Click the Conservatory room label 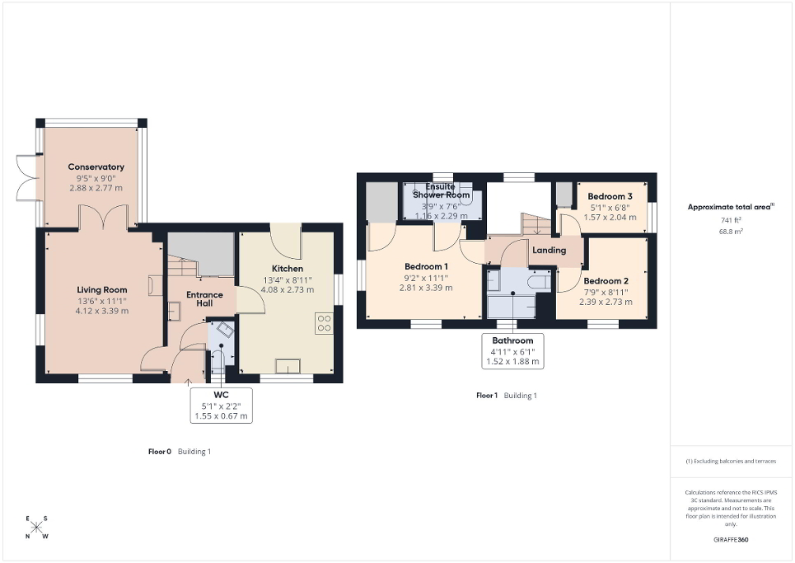tap(96, 167)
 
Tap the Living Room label tap(101, 289)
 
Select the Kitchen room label tap(287, 269)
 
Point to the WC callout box tap(220, 406)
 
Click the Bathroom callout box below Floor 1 tap(512, 350)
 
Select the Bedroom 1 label tap(426, 266)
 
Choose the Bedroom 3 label tap(610, 196)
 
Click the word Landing tap(549, 250)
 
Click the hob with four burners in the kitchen tap(324, 322)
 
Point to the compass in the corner tap(37, 527)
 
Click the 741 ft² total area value tap(731, 222)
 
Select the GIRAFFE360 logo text tap(731, 539)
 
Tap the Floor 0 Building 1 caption tap(173, 452)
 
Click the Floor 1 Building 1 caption tap(506, 396)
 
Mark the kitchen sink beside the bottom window tap(288, 366)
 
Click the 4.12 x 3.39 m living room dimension tap(101, 311)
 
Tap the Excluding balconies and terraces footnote tap(731, 461)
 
